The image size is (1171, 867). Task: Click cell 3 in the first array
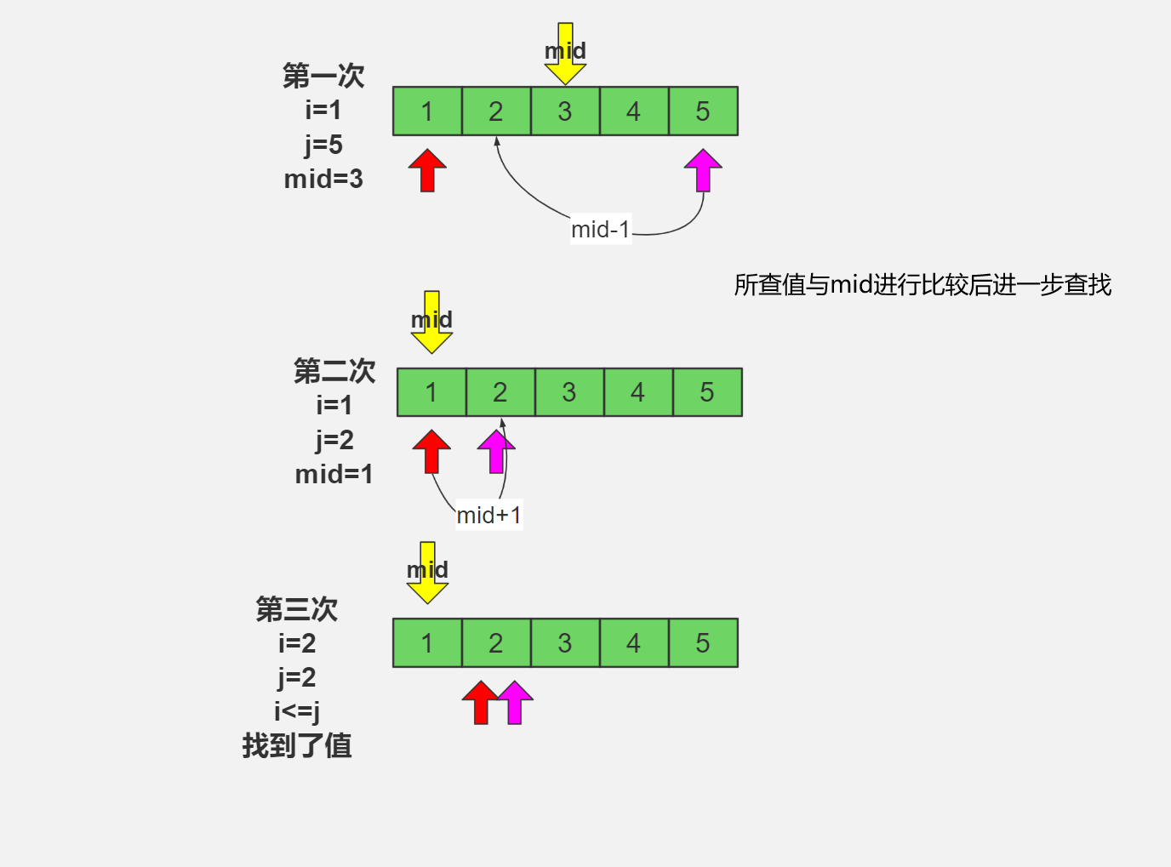(x=565, y=111)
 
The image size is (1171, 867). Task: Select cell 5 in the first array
(x=703, y=111)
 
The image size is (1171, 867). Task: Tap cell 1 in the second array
(x=431, y=392)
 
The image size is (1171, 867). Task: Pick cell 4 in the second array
(x=638, y=392)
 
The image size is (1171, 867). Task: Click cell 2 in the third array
(x=496, y=643)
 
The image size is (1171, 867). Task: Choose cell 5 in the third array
(x=703, y=643)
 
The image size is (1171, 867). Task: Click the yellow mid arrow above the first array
(x=565, y=56)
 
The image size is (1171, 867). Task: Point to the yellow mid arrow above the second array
(x=431, y=324)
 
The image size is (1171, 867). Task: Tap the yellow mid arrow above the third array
(x=427, y=574)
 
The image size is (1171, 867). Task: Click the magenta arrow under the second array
(x=495, y=453)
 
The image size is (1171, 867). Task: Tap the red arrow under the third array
(x=481, y=703)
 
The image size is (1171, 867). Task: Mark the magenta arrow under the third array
(x=515, y=703)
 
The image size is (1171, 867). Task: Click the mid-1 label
(x=601, y=230)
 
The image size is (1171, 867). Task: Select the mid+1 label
(x=488, y=516)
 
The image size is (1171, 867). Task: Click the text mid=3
(x=323, y=180)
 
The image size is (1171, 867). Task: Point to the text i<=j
(x=297, y=710)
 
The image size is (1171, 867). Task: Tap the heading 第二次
(x=334, y=371)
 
